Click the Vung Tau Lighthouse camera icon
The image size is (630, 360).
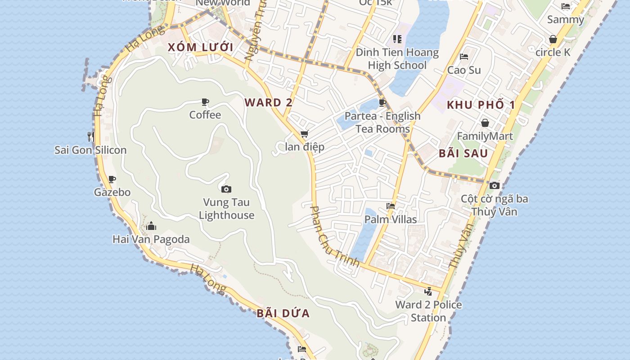coord(226,189)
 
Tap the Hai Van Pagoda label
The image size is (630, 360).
coord(151,239)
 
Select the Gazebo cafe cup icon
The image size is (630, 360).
coord(112,179)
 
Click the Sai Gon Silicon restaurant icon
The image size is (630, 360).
coord(91,136)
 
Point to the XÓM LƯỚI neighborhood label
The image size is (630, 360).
coord(201,47)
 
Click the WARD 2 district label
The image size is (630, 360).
coord(269,103)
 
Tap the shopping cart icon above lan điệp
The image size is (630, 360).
coord(305,134)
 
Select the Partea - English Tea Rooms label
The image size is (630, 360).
coord(382,122)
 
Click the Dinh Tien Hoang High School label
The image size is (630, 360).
coord(397,58)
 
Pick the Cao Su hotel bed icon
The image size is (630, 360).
coord(464,57)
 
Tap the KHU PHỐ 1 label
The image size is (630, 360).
coord(481,105)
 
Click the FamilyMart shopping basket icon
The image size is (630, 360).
coord(485,123)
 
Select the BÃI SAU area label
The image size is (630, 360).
coord(463,153)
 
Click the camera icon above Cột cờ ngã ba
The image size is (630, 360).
coord(494,185)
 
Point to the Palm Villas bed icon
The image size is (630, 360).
coord(391,206)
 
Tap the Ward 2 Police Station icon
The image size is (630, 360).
coord(428,291)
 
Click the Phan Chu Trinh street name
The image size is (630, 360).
coord(335,237)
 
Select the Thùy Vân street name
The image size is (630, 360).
coord(462,246)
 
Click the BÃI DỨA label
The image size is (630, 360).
coord(283,313)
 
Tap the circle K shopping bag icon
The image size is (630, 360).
coord(553,39)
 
